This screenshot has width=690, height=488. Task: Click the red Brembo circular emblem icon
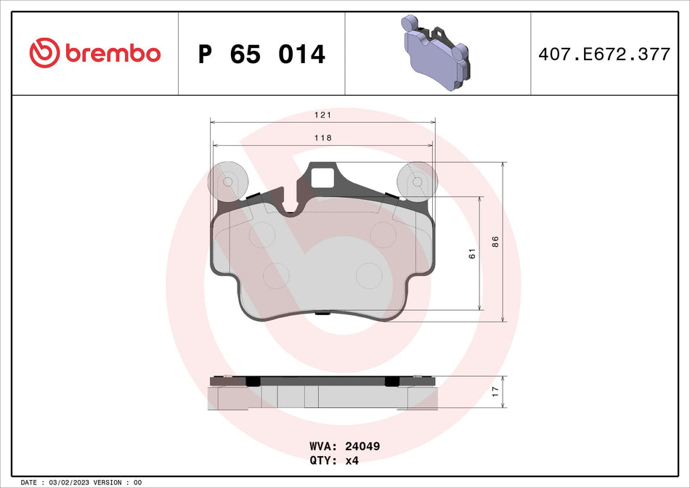click(44, 53)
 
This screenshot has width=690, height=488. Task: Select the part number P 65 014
click(261, 54)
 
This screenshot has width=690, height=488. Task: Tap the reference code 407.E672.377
click(604, 54)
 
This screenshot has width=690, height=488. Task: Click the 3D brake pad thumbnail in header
click(437, 54)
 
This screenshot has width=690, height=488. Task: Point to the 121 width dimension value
click(322, 115)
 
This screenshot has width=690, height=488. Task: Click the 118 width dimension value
click(322, 138)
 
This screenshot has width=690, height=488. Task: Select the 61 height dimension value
click(471, 253)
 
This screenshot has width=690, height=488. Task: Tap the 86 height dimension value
click(495, 242)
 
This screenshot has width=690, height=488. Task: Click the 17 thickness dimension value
click(495, 391)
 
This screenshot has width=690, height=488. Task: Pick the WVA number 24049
click(365, 447)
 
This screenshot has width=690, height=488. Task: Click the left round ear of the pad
click(227, 181)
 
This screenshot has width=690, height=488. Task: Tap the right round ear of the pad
click(418, 181)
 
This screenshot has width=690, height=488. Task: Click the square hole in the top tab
click(322, 176)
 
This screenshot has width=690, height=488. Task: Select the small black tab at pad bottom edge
click(322, 314)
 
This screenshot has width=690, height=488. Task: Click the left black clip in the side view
click(253, 381)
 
